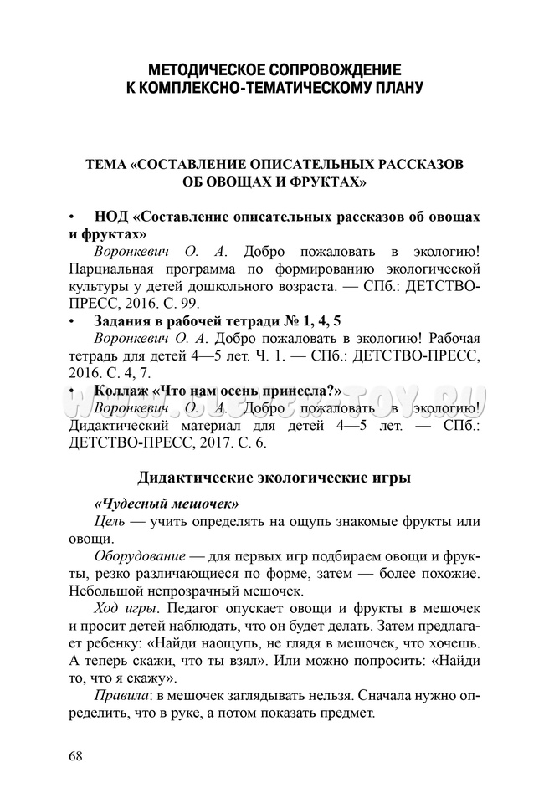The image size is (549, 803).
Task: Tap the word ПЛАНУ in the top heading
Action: click(x=390, y=86)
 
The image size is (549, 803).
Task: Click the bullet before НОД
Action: click(x=73, y=217)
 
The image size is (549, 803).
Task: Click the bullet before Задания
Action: click(x=73, y=321)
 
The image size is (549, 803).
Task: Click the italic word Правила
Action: click(x=120, y=696)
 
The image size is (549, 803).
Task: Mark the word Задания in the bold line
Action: click(x=127, y=321)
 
